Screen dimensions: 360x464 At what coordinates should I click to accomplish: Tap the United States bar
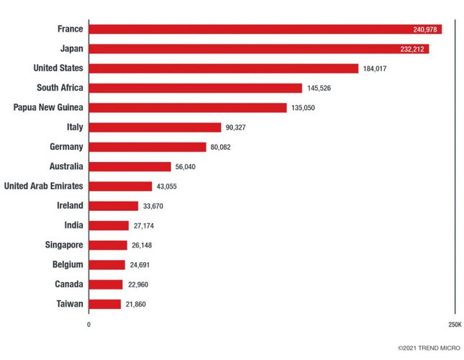tap(223, 68)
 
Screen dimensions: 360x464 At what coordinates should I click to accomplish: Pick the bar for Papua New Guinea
tap(188, 108)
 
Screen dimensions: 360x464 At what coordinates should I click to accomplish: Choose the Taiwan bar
tap(104, 304)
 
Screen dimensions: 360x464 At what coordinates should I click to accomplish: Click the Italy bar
tap(155, 127)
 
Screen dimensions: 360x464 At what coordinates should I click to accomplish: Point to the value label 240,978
tap(424, 30)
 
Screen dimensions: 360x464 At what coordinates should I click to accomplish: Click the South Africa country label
tap(60, 88)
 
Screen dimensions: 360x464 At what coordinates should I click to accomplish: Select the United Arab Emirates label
tap(43, 186)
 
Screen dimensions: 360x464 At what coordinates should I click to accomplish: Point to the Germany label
tap(66, 147)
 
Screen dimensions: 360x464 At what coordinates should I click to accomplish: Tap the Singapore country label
tap(64, 245)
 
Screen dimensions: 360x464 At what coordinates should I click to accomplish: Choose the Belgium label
tap(68, 264)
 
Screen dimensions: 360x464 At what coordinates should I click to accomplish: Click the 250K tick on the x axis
tap(454, 325)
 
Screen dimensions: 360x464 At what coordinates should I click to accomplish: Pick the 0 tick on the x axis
tap(88, 325)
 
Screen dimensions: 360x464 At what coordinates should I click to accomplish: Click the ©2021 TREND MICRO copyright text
tap(429, 347)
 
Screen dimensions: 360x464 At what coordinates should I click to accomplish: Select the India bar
tap(109, 225)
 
